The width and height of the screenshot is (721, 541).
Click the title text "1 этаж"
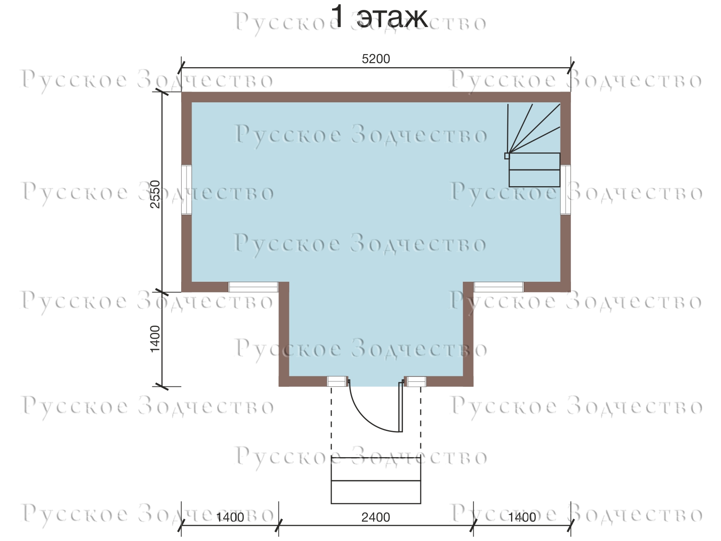tap(379, 17)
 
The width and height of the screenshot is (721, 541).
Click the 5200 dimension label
tap(376, 59)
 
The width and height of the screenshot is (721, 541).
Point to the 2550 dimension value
tap(155, 194)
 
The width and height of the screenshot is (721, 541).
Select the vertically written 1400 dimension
tap(155, 339)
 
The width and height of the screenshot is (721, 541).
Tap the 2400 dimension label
tap(376, 518)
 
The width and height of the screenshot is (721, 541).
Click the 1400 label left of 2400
tap(230, 518)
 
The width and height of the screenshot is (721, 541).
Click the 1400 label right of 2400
tap(522, 518)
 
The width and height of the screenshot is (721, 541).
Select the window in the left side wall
tap(187, 190)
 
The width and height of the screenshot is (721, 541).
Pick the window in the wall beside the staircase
tap(565, 190)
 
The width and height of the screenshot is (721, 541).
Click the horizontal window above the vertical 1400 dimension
tap(253, 287)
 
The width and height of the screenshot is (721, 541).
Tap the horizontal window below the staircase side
tap(499, 287)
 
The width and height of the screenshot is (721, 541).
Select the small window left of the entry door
tap(337, 381)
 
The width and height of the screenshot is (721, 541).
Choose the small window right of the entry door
tap(416, 381)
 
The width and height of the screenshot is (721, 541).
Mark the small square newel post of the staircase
tap(507, 156)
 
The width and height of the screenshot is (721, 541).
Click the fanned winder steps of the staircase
tap(534, 128)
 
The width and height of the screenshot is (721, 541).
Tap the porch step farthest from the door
tap(376, 492)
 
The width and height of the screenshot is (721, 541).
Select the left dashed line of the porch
tap(331, 422)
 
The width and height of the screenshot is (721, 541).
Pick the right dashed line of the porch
tap(420, 422)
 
